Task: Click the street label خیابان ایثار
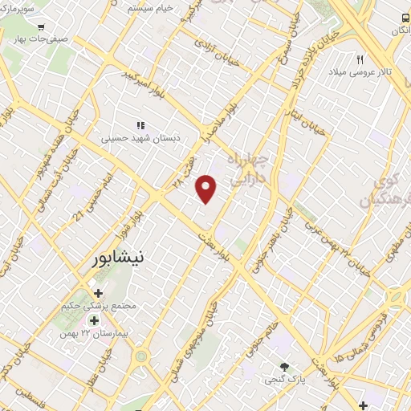point(307,121)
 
